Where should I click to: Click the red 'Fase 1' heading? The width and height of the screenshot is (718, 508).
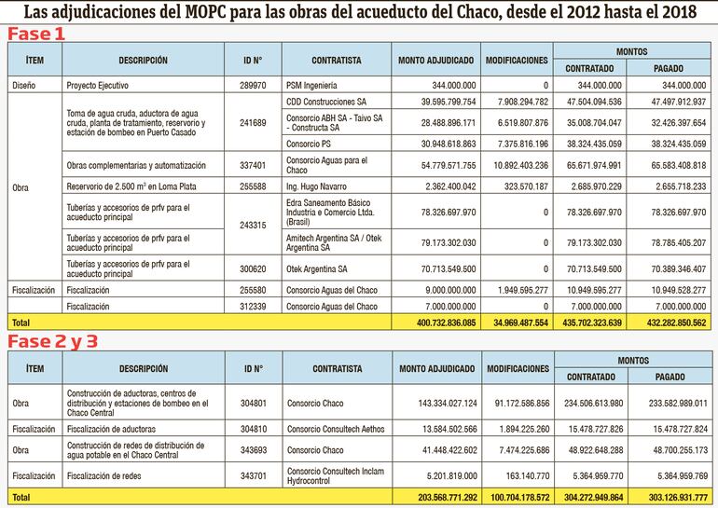(38, 34)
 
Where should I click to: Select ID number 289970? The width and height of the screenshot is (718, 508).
(252, 85)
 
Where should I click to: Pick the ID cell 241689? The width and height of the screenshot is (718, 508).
(252, 122)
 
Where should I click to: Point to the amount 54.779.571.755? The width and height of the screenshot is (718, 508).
(436, 165)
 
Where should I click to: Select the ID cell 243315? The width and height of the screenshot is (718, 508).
(252, 225)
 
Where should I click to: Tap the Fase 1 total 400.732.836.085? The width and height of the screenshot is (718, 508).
(436, 322)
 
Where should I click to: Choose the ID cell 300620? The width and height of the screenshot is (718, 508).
(252, 268)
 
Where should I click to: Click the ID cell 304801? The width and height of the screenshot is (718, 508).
(252, 403)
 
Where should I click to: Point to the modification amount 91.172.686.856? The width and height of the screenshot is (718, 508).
(516, 403)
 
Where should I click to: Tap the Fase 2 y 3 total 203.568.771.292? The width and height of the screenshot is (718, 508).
(436, 497)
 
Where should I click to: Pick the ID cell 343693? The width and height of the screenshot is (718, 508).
(252, 452)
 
